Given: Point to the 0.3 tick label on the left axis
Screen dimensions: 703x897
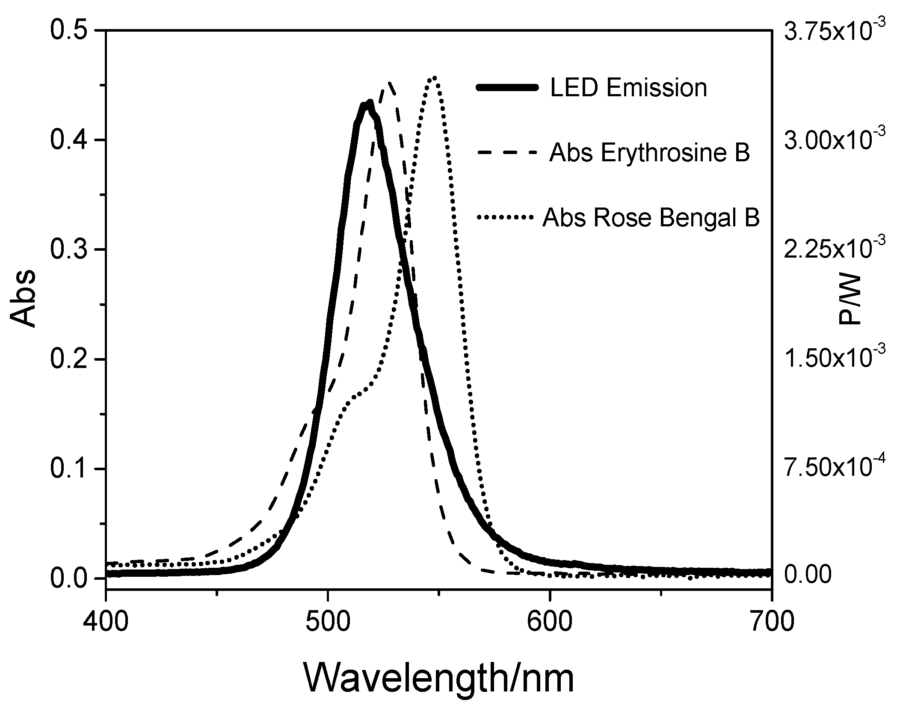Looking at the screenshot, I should pos(69,250).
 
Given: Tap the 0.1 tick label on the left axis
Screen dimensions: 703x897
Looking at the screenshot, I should pos(69,469).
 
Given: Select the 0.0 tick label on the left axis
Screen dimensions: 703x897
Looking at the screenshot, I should pos(69,578).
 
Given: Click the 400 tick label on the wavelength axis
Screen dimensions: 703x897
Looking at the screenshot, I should pos(105,622).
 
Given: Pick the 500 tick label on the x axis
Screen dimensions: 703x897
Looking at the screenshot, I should pos(327,622).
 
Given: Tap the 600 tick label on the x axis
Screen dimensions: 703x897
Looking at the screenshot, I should pos(549,622).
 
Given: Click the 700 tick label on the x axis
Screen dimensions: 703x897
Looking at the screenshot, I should pos(771,622).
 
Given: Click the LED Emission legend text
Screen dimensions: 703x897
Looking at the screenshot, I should pos(628,88).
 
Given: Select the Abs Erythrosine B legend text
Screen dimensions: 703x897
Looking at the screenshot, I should pos(649,153).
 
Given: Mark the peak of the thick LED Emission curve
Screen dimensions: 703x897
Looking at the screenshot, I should pos(368,104).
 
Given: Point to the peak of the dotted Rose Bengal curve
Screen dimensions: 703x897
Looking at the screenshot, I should pos(434,78).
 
